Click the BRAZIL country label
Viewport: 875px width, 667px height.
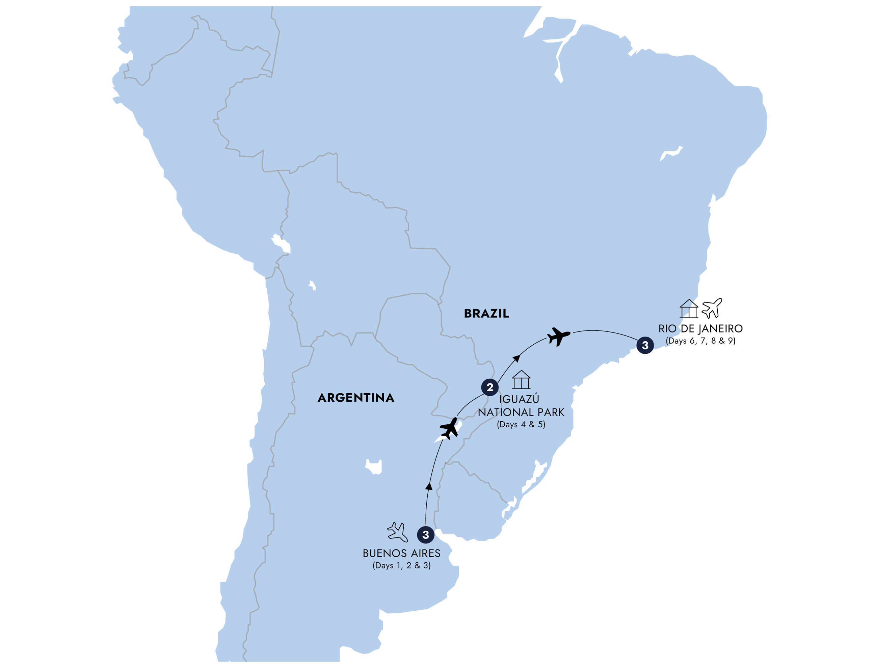coord(486,314)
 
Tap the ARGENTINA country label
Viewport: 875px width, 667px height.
coord(356,398)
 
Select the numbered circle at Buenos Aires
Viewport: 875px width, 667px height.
coord(426,535)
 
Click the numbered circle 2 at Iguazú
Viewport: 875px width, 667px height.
coord(490,387)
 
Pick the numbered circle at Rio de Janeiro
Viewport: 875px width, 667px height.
coord(645,345)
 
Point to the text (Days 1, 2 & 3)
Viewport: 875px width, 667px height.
coord(401,566)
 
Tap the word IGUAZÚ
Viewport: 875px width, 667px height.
coord(519,399)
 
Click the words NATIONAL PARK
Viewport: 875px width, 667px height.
coord(521,412)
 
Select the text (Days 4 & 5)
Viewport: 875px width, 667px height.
coord(521,424)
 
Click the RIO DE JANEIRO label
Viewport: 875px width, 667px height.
coord(700,329)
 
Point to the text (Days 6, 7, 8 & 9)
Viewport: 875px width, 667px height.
coord(700,341)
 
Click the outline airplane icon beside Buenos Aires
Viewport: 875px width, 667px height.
coord(397,532)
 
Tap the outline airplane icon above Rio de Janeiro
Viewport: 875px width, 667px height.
coord(712,308)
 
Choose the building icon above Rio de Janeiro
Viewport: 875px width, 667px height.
coord(689,309)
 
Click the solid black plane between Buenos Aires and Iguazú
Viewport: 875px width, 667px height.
coord(449,428)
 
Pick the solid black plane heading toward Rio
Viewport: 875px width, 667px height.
coord(558,336)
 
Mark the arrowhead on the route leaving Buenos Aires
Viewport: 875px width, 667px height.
coord(429,486)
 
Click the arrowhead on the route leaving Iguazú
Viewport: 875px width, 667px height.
coord(516,358)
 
